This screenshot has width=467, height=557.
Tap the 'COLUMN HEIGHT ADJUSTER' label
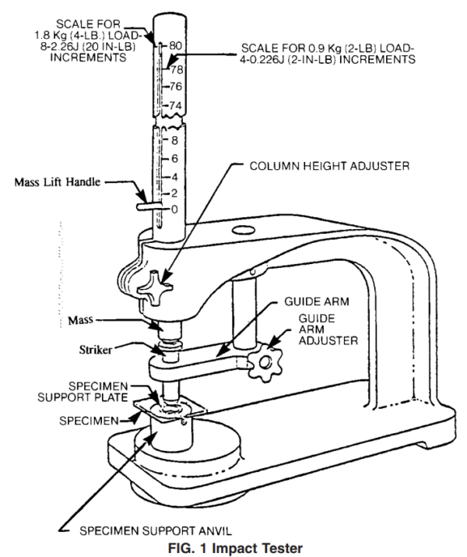328,165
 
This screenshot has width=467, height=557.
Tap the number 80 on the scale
175,46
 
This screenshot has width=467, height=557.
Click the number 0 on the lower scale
175,209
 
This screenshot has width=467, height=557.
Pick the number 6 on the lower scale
175,158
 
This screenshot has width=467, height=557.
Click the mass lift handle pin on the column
146,207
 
